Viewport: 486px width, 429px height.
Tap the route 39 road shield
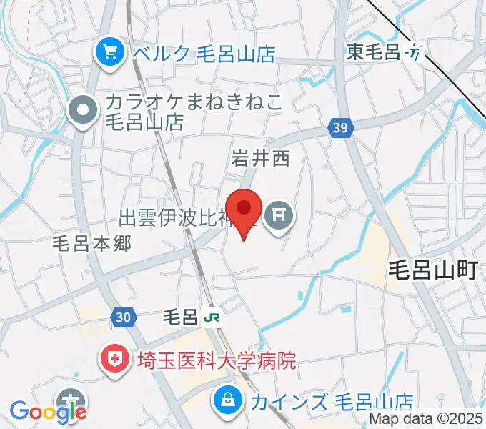click(340, 128)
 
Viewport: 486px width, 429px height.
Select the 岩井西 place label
click(260, 159)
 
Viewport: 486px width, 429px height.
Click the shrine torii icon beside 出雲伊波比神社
click(277, 214)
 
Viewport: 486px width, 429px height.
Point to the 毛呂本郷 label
click(92, 244)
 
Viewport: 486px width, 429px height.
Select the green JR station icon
click(211, 315)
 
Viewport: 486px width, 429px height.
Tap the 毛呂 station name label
click(180, 315)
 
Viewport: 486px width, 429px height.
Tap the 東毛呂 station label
click(375, 51)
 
